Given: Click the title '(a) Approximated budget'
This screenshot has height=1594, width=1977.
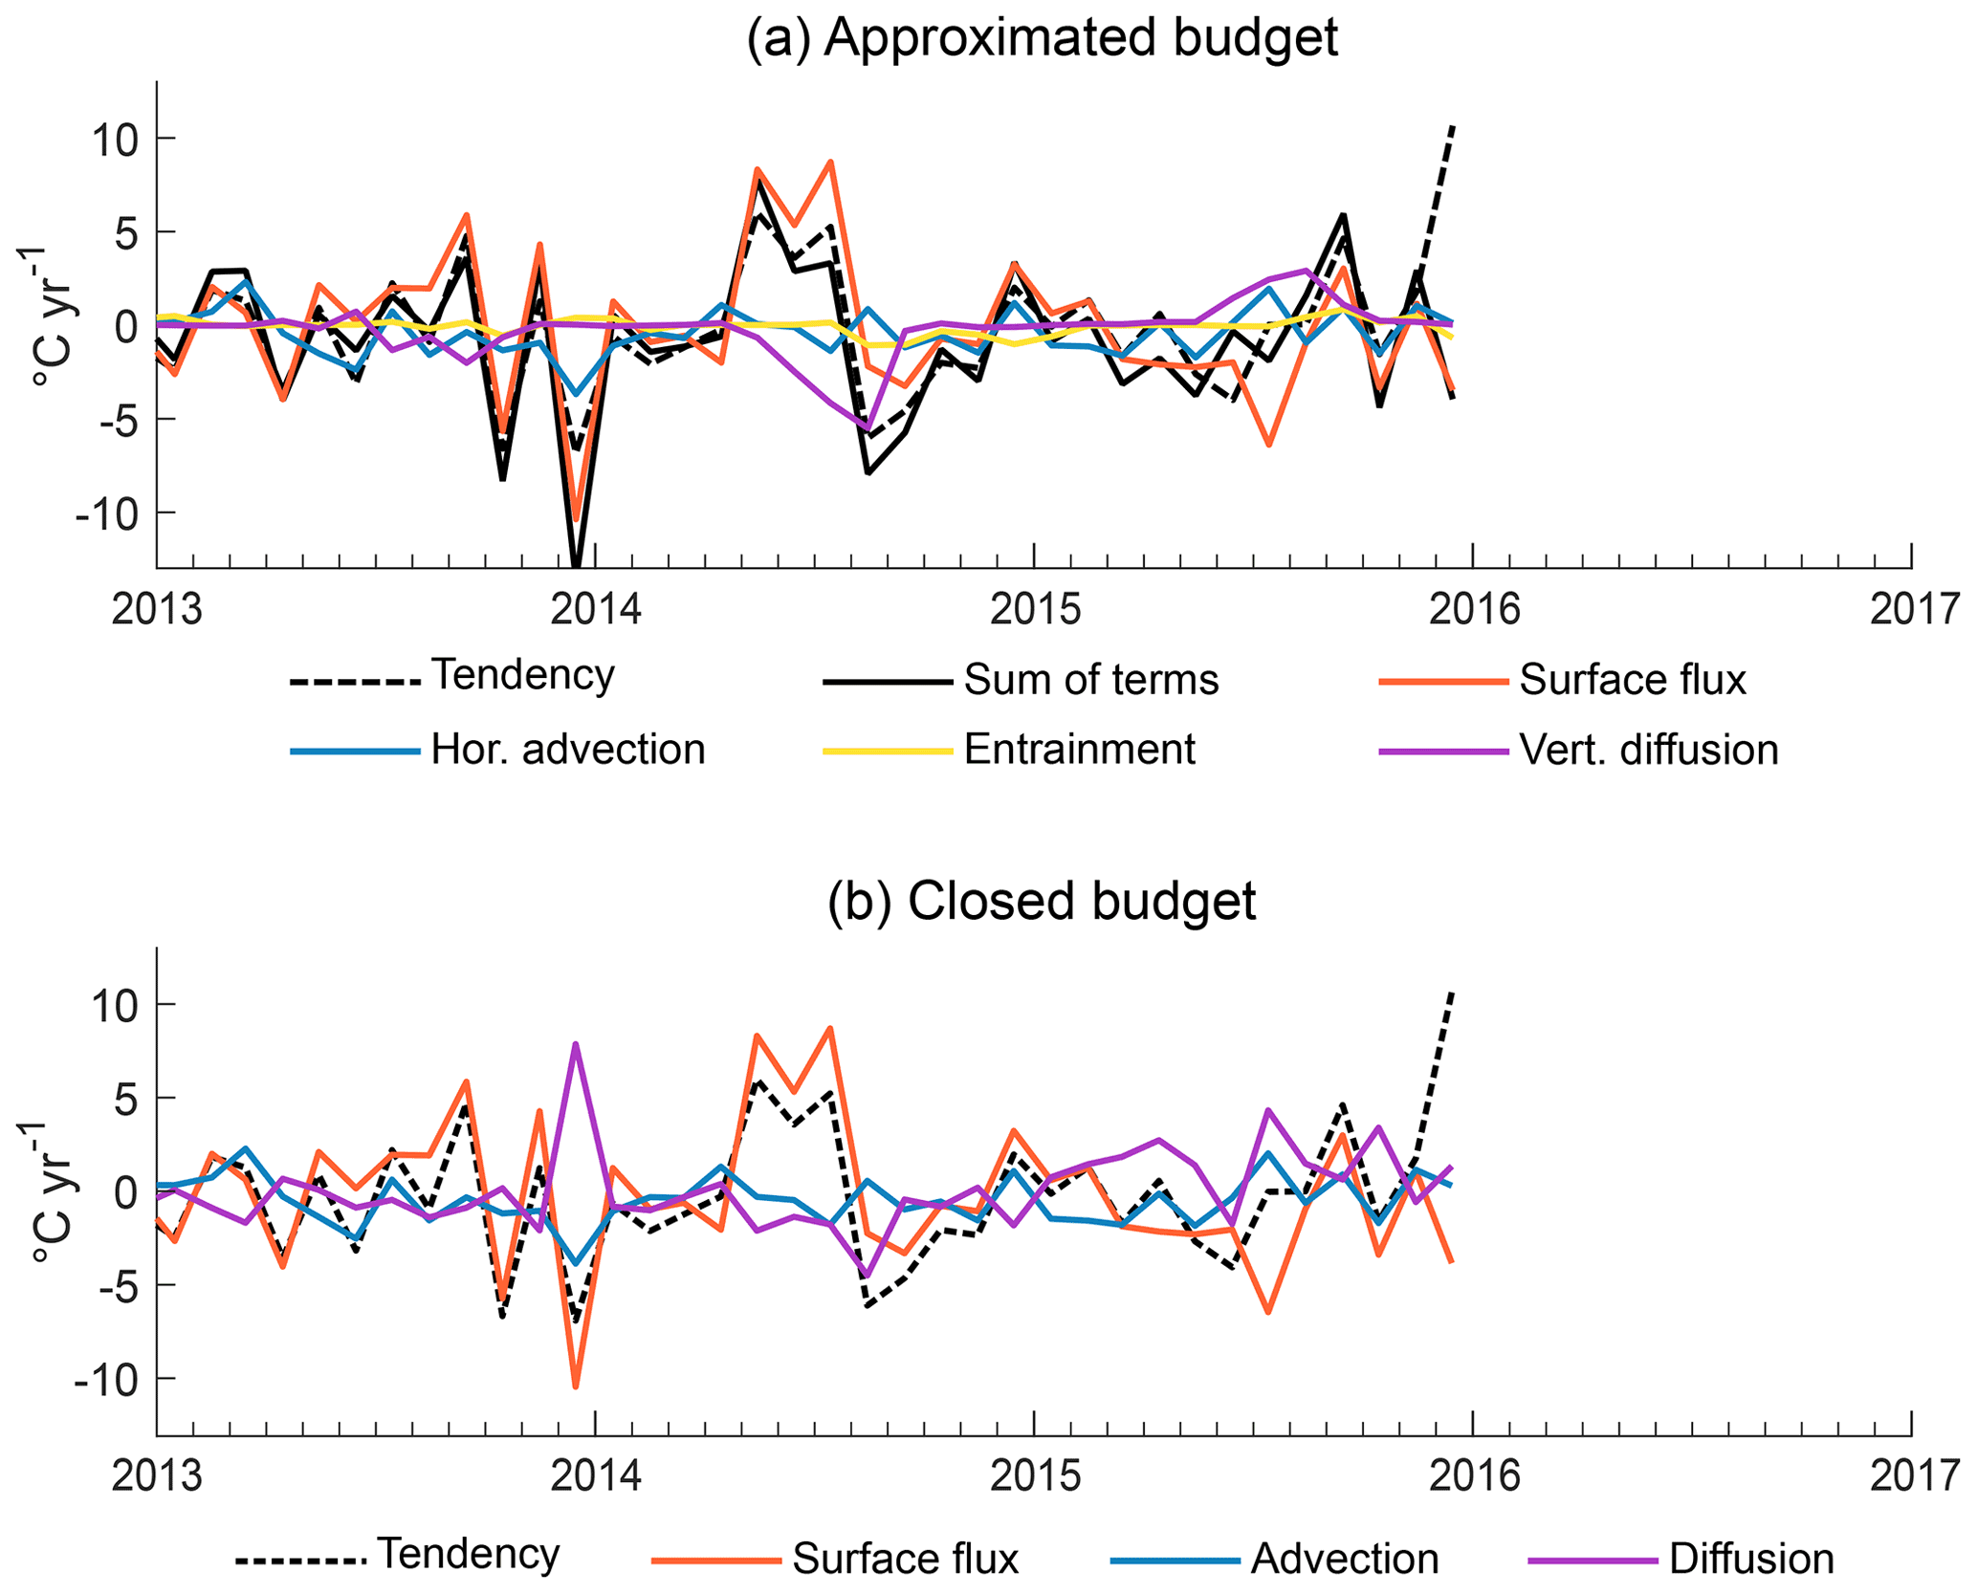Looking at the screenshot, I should pyautogui.click(x=1042, y=38).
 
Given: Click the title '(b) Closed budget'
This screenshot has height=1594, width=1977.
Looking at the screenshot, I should pyautogui.click(x=1042, y=901).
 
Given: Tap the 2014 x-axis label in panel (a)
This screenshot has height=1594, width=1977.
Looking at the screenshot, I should pyautogui.click(x=596, y=609).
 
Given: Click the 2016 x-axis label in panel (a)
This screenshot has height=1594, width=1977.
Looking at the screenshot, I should pyautogui.click(x=1474, y=609).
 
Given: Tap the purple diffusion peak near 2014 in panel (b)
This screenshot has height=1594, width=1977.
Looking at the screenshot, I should pyautogui.click(x=576, y=1044).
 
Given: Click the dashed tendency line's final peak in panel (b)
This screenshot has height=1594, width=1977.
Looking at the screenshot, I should pyautogui.click(x=1453, y=994).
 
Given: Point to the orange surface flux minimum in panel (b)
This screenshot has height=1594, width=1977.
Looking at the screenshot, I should pyautogui.click(x=576, y=1387).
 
